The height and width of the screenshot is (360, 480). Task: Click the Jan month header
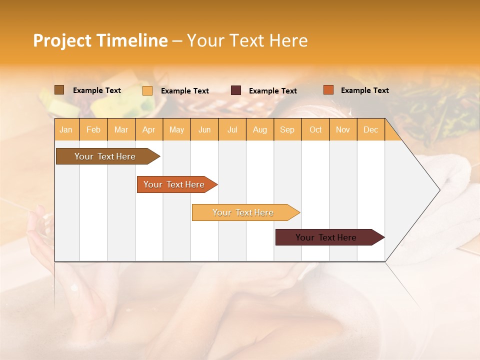pos(66,130)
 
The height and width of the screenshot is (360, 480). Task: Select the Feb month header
pos(93,130)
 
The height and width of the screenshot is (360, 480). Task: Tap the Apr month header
pos(149,130)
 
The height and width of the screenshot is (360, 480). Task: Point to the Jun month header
pos(204,130)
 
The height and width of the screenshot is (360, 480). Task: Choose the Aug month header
pos(260,130)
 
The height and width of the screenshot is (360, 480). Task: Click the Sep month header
pos(287,130)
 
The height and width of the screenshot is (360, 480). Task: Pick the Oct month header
pos(315,130)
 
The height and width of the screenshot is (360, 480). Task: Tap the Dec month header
pos(371,130)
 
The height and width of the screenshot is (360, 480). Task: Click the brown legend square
pos(59,90)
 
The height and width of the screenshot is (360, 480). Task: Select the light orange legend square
pos(147,90)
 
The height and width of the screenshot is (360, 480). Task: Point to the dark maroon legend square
pos(236,90)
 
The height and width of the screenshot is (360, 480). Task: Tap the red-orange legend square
pos(328,90)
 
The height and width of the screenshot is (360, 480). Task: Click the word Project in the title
pos(62,40)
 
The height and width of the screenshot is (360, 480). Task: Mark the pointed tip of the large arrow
pos(439,190)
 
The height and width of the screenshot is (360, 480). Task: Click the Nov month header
pos(343,130)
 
